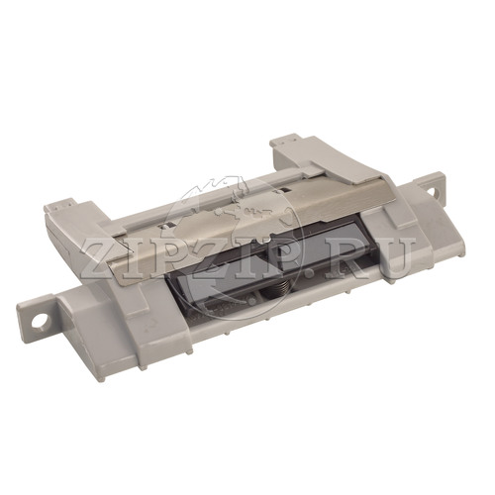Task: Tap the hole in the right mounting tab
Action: [x=433, y=191]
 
